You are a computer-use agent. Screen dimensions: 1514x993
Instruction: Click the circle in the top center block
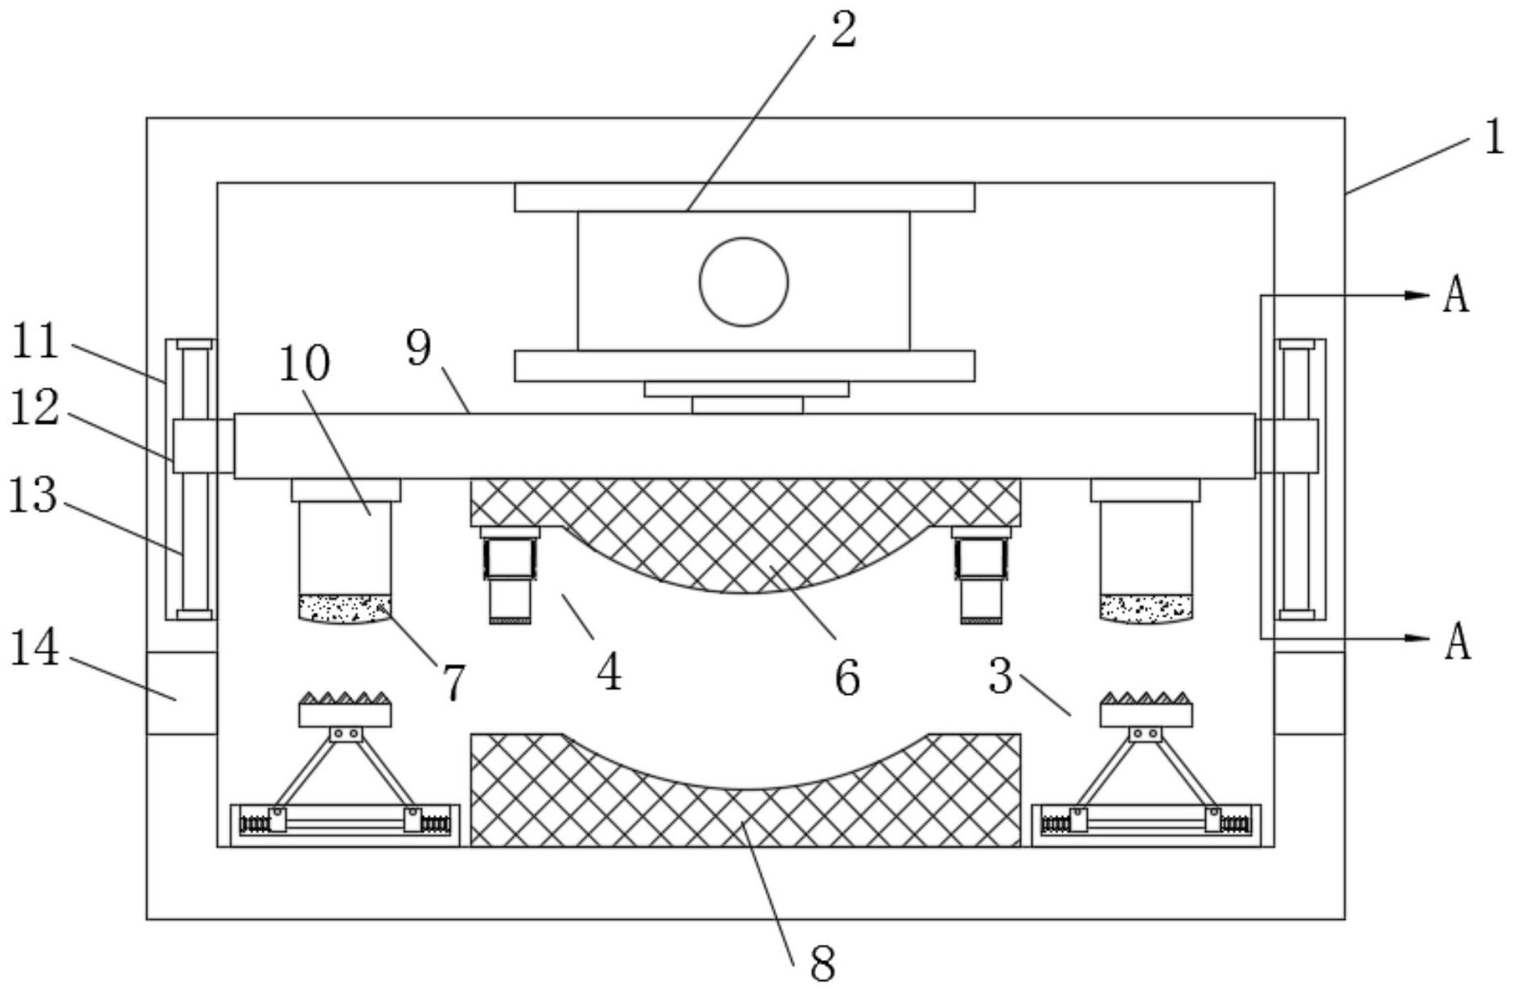coord(744,281)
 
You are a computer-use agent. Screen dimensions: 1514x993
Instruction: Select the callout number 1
coord(1494,137)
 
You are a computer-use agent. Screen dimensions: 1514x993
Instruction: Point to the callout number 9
coord(418,348)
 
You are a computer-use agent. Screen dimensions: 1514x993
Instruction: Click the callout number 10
coord(304,363)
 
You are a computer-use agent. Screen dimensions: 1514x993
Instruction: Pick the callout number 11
coord(35,341)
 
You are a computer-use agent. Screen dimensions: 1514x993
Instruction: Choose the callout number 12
coord(35,409)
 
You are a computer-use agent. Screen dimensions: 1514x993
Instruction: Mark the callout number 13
coord(33,495)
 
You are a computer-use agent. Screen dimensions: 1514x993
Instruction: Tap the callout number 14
coord(35,648)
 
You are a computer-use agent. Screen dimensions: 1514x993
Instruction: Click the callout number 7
coord(453,683)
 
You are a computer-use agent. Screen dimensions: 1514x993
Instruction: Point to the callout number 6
coord(847,678)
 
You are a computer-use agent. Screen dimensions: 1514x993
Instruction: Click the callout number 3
coord(1000,676)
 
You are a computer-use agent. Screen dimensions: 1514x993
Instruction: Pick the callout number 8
coord(823,964)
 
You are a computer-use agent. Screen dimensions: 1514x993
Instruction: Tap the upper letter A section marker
coord(1456,295)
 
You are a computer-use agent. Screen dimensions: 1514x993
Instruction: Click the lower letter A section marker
coord(1457,642)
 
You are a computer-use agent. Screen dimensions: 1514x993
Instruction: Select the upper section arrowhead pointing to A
coord(1416,295)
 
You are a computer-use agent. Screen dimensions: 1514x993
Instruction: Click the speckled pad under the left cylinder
coord(344,608)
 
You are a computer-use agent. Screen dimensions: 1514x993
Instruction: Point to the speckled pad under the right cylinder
coord(1146,608)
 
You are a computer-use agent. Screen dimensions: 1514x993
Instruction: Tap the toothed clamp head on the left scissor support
coord(345,708)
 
